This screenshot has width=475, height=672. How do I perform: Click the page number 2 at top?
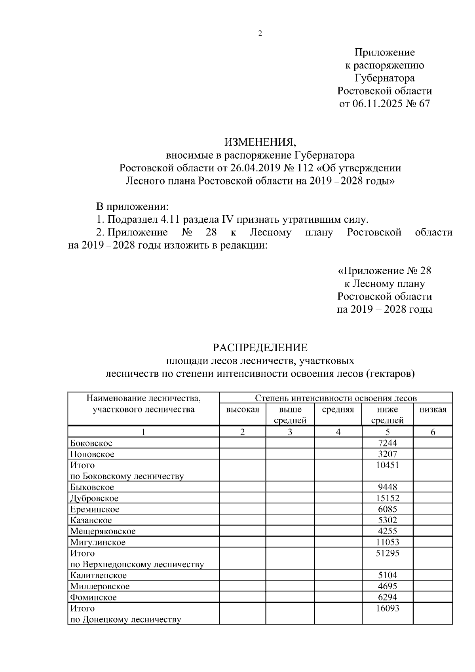point(260,34)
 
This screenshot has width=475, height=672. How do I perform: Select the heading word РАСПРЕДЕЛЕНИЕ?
point(260,348)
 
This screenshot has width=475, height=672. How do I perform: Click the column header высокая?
point(242,410)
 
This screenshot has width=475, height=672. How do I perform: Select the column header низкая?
point(433,410)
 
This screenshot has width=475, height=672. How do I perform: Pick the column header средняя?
point(338,410)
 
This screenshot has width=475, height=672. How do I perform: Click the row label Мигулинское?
point(98,543)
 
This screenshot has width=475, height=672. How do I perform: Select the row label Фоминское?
point(93,598)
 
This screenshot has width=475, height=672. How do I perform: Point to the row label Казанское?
point(91,520)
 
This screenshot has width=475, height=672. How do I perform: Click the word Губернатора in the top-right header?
point(384,78)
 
